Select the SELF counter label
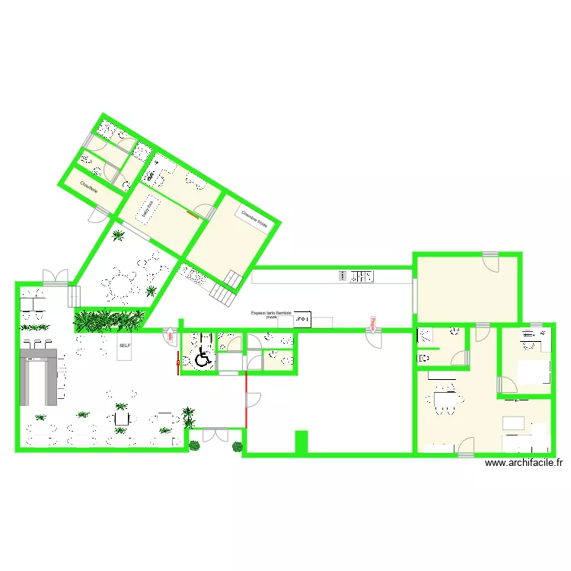coord(125,345)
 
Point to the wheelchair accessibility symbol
coord(203,357)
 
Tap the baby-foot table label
coord(148,208)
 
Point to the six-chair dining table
coord(444,401)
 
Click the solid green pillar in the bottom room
coord(301,442)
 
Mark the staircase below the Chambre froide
coord(225,289)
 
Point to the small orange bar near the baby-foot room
coord(193,216)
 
